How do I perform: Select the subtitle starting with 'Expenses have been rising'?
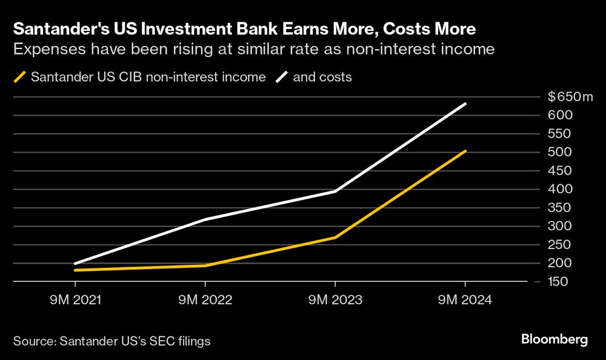click(x=254, y=49)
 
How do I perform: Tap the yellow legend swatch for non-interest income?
click(x=19, y=78)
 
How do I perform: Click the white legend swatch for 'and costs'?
click(x=282, y=78)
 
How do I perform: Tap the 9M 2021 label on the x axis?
click(x=75, y=299)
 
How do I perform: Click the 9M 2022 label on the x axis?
click(x=205, y=299)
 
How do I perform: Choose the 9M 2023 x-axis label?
click(x=335, y=299)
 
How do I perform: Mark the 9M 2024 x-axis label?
click(x=465, y=299)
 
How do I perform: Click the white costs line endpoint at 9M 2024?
click(x=465, y=104)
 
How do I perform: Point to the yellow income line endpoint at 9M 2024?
click(x=465, y=151)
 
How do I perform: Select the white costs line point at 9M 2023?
click(x=335, y=192)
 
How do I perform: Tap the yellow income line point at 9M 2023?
click(x=335, y=237)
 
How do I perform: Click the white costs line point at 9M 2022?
click(x=205, y=219)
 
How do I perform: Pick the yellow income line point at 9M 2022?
click(x=205, y=265)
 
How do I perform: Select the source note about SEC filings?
click(x=112, y=341)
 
